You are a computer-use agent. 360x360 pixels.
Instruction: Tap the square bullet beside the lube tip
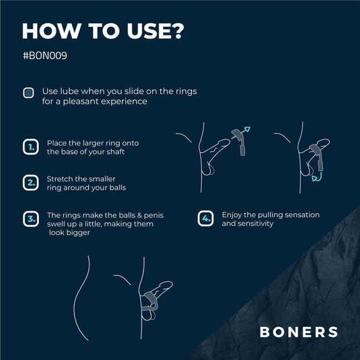tap(28, 93)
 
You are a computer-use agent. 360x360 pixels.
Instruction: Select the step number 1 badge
tap(30, 147)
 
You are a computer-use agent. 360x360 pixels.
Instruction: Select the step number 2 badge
tap(30, 183)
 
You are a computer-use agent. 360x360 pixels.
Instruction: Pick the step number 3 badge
tap(30, 219)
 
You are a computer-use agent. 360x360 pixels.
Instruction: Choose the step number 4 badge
tap(206, 219)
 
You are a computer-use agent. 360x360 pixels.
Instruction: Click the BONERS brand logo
tap(298, 332)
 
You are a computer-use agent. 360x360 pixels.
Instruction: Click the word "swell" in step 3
tap(57, 224)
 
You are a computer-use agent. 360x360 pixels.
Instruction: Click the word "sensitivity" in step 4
tap(254, 224)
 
